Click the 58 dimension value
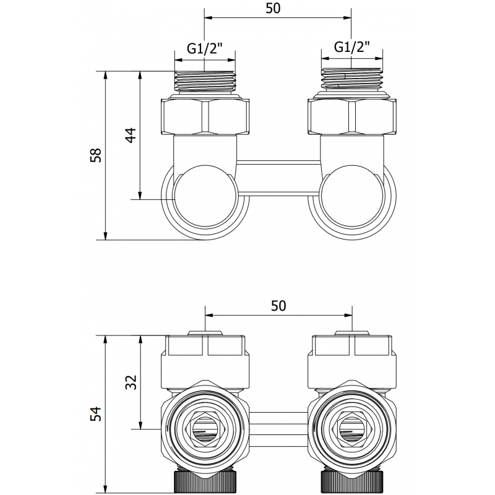(x=95, y=155)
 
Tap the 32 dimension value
(x=131, y=382)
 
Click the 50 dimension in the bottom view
(x=278, y=305)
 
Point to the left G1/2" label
(x=205, y=47)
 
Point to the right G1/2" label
(x=351, y=46)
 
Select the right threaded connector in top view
(x=351, y=80)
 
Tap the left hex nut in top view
(x=205, y=116)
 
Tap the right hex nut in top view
(x=351, y=116)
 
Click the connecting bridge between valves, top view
(x=278, y=177)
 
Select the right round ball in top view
(x=351, y=197)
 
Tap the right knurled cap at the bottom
(x=351, y=480)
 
